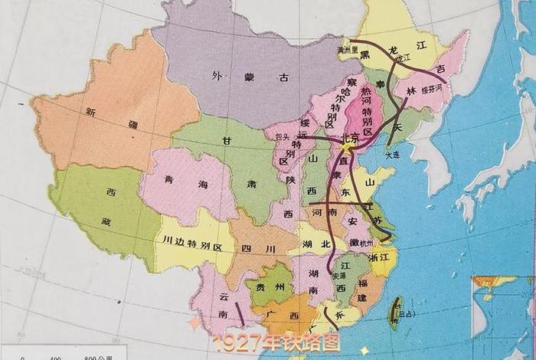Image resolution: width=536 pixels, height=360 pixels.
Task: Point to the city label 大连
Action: [x=392, y=155]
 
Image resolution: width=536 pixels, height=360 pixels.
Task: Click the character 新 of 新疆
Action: [x=91, y=112]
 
